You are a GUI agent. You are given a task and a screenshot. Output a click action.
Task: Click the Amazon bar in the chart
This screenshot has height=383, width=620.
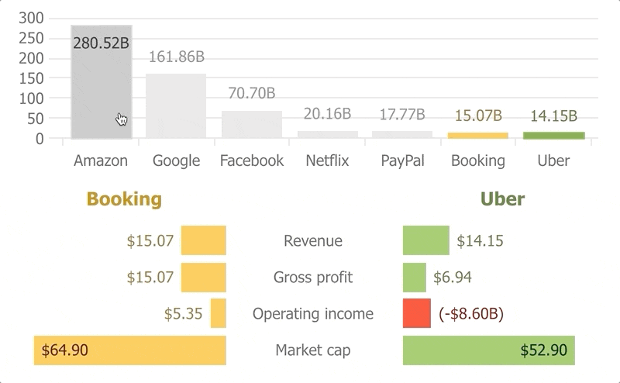pyautogui.click(x=101, y=85)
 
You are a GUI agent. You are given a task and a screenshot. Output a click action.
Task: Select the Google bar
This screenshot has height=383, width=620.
pyautogui.click(x=176, y=106)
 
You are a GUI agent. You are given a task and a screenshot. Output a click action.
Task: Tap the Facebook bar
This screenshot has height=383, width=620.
pyautogui.click(x=251, y=125)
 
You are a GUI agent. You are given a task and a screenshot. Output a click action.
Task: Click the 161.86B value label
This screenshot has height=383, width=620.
pyautogui.click(x=176, y=57)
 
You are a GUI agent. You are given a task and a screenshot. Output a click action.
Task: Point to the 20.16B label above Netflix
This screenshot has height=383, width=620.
pyautogui.click(x=327, y=114)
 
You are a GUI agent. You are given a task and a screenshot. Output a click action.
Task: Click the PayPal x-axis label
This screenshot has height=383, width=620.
pyautogui.click(x=402, y=161)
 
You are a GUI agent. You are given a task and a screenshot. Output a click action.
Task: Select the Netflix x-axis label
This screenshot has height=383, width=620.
pyautogui.click(x=327, y=161)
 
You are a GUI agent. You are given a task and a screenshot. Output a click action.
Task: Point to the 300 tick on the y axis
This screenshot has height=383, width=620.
pyautogui.click(x=30, y=19)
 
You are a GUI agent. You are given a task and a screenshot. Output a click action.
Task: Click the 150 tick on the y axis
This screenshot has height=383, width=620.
pyautogui.click(x=30, y=78)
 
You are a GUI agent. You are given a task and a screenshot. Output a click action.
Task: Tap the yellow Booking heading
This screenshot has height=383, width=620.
pyautogui.click(x=124, y=199)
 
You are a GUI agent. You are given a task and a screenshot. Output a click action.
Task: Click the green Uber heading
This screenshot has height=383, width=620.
pyautogui.click(x=502, y=199)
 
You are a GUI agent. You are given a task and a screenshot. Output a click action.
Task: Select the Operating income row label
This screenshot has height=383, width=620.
pyautogui.click(x=313, y=314)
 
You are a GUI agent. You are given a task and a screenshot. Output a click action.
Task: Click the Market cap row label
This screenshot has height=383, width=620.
pyautogui.click(x=313, y=350)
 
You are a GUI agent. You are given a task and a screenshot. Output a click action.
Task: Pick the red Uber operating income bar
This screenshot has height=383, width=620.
pyautogui.click(x=416, y=313)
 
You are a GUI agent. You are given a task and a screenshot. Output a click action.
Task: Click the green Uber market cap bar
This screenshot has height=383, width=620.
pyautogui.click(x=488, y=350)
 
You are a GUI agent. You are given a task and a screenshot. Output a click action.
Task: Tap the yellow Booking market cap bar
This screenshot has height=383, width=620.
pyautogui.click(x=129, y=350)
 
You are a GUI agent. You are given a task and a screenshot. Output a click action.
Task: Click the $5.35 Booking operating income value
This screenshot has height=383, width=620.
pyautogui.click(x=183, y=314)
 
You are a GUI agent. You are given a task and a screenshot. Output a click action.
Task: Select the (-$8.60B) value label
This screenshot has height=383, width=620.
pyautogui.click(x=471, y=314)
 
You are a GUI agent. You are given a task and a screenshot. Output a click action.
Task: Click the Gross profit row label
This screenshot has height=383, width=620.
pyautogui.click(x=313, y=278)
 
